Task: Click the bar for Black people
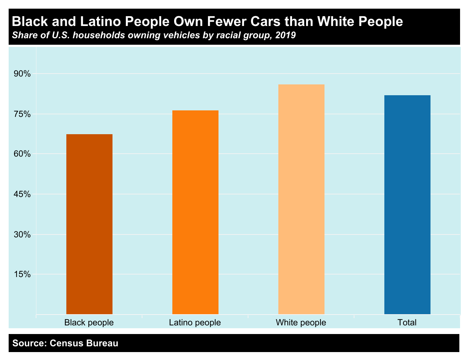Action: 89,224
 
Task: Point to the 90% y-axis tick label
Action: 23,74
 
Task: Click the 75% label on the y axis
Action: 23,114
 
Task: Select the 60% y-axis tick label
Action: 23,154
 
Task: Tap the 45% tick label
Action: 23,194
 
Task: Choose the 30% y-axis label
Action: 23,234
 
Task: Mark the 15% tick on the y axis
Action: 23,275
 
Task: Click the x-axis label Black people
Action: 89,322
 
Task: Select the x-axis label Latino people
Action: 195,322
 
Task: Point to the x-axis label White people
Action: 301,322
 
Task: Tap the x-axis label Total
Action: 407,322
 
